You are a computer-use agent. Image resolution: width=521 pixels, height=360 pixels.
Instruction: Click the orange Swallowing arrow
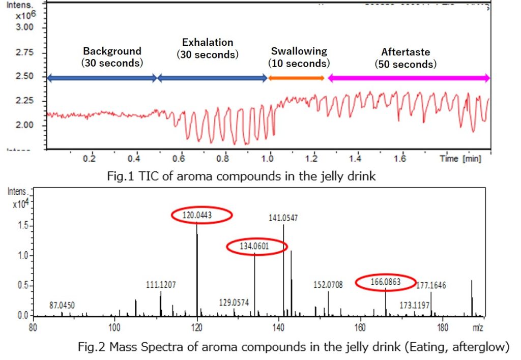[x=296, y=78]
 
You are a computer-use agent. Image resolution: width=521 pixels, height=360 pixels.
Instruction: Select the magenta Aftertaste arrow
[x=409, y=78]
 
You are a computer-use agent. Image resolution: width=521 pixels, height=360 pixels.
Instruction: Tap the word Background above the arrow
[x=112, y=51]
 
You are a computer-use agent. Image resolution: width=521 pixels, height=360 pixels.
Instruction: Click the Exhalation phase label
[x=207, y=43]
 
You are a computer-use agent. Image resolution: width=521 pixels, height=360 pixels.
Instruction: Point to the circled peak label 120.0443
[x=201, y=216]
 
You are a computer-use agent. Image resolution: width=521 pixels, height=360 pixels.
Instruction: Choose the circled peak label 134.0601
[x=256, y=247]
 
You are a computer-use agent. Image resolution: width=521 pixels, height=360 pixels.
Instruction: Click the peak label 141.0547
[x=283, y=218]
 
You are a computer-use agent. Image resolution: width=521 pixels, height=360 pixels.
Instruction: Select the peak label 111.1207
[x=160, y=285]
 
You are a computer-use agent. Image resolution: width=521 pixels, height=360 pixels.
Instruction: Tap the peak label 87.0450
[x=62, y=305]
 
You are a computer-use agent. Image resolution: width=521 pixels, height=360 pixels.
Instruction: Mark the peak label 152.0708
[x=328, y=285]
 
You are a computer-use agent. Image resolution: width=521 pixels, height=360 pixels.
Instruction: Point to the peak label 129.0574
[x=234, y=303]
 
